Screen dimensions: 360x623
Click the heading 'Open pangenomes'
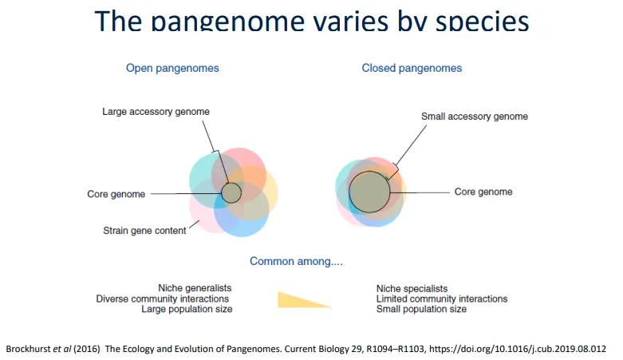click(172, 68)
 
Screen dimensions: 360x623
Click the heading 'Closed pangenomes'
click(412, 68)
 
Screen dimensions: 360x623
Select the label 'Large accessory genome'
click(156, 112)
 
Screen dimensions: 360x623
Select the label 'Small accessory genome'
click(474, 117)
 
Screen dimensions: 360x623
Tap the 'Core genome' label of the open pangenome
click(116, 194)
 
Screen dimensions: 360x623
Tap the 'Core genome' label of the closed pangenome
click(483, 192)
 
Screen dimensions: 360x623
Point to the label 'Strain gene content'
click(144, 231)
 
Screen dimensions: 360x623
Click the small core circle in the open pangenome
click(231, 192)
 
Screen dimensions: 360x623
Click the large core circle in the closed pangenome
click(369, 192)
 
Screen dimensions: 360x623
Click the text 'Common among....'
click(296, 261)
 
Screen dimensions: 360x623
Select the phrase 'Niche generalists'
click(195, 288)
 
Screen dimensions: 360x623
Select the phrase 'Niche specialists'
click(412, 288)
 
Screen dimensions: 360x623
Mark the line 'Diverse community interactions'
click(164, 299)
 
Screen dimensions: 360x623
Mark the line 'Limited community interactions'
click(442, 299)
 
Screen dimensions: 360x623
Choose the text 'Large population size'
click(187, 309)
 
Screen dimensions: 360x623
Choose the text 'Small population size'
click(421, 309)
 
